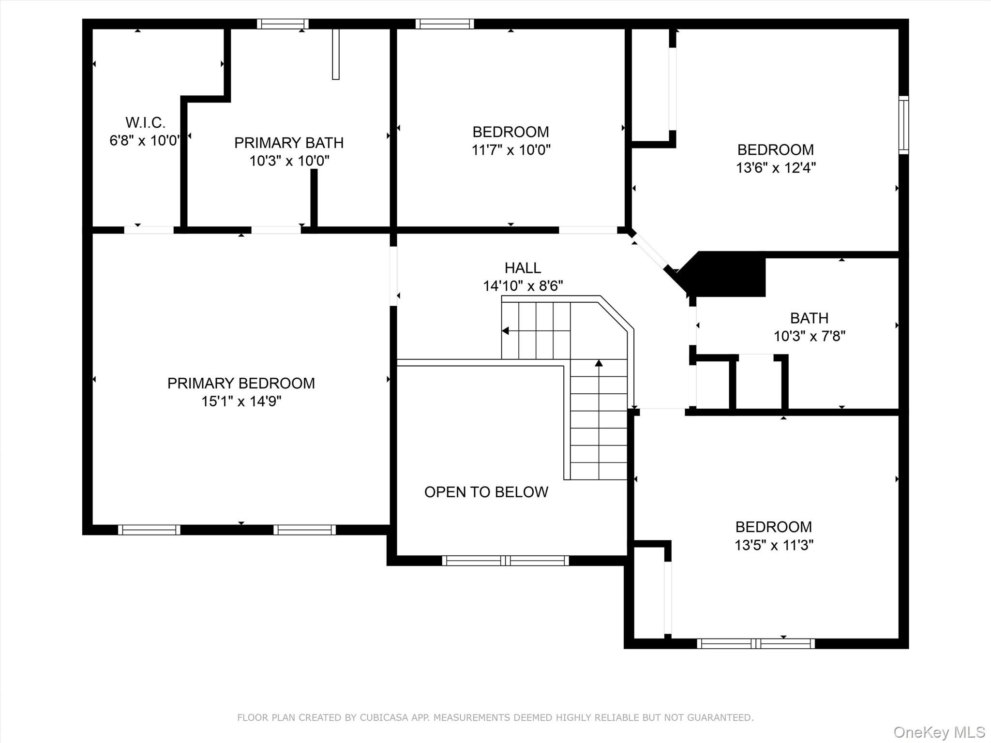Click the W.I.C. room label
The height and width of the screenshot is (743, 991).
pyautogui.click(x=145, y=122)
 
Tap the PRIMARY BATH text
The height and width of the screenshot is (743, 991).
pyautogui.click(x=289, y=143)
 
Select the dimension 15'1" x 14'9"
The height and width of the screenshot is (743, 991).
pyautogui.click(x=241, y=401)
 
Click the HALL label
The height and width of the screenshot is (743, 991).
pyautogui.click(x=523, y=268)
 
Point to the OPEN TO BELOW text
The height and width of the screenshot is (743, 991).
pyautogui.click(x=486, y=492)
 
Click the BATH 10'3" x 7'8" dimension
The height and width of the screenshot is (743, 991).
pyautogui.click(x=809, y=336)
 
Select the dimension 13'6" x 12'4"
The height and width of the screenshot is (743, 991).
pyautogui.click(x=776, y=168)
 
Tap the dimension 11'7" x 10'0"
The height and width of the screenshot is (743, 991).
pyautogui.click(x=511, y=150)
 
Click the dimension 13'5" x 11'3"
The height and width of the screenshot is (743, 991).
pyautogui.click(x=774, y=545)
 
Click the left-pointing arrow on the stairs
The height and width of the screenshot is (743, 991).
pyautogui.click(x=506, y=331)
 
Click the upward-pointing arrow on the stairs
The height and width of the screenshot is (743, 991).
pyautogui.click(x=599, y=363)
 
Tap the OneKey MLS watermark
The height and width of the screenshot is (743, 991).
pyautogui.click(x=939, y=732)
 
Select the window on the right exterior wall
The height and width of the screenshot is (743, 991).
pyautogui.click(x=903, y=125)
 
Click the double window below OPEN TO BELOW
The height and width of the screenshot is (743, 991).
pyautogui.click(x=505, y=561)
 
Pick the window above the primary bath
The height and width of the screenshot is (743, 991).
pyautogui.click(x=283, y=24)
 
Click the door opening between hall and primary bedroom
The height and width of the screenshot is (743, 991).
pyautogui.click(x=393, y=276)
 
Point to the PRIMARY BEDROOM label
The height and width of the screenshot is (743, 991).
pyautogui.click(x=241, y=383)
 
